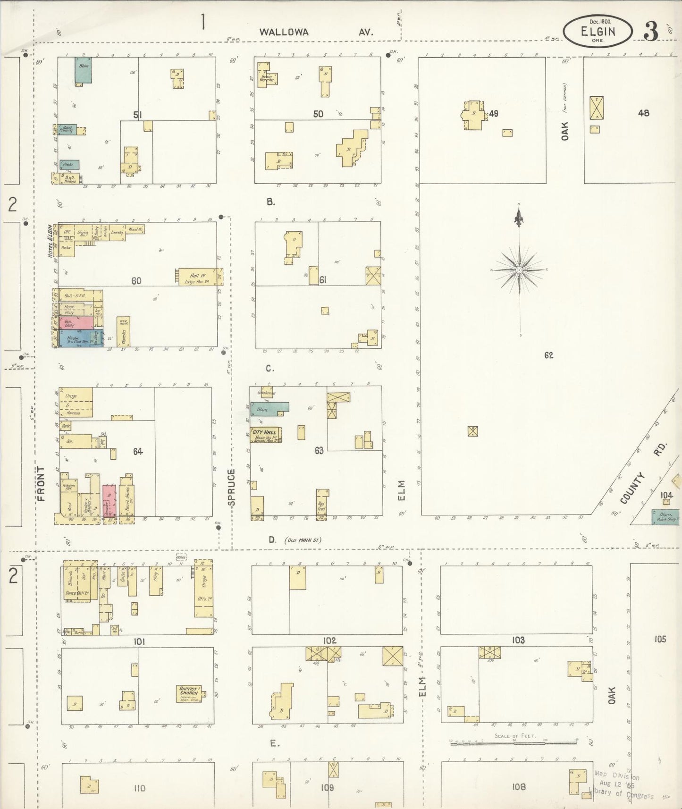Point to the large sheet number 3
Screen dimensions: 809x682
point(650,32)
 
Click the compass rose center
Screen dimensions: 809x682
point(519,270)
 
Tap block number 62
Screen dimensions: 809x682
point(548,355)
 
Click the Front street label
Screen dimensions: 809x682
point(41,483)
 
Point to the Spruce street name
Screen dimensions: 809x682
point(231,487)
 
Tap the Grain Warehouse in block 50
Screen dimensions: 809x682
point(264,76)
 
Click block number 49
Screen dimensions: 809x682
point(494,113)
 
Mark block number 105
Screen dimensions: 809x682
point(660,639)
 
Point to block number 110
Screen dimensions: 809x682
point(139,788)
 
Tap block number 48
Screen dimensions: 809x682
point(643,113)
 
